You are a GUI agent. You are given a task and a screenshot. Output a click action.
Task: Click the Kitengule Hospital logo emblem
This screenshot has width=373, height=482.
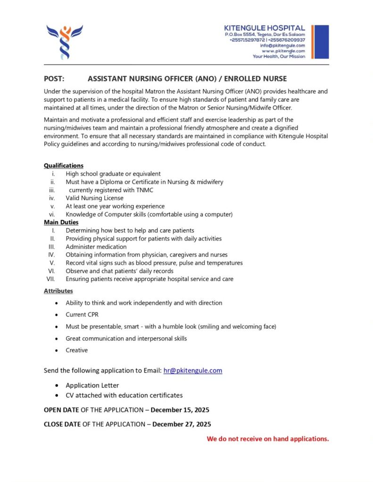(65, 41)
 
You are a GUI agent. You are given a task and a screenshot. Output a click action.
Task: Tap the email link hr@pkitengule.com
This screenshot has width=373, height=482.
(192, 370)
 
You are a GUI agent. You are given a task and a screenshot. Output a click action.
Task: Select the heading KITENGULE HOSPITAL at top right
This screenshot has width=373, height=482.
(265, 28)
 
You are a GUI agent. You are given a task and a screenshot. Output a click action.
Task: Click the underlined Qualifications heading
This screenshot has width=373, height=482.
(64, 166)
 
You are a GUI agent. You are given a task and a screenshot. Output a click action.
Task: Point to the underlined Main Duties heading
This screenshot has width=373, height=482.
(61, 222)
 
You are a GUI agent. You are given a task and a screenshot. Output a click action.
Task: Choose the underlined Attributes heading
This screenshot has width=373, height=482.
(58, 291)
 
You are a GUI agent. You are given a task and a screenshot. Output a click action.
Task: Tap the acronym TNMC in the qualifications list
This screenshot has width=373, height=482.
(144, 190)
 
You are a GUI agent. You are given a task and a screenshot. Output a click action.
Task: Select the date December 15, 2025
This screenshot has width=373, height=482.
(180, 410)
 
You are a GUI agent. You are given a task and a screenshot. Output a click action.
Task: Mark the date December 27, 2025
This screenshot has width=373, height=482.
(182, 424)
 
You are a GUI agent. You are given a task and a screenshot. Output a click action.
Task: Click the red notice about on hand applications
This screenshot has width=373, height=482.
(268, 439)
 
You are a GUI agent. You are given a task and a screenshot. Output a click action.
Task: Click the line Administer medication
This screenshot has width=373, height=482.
(96, 247)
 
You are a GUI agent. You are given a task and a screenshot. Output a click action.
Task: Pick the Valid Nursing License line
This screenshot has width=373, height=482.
(95, 198)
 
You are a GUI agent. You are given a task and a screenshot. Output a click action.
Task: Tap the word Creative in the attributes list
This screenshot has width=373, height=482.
(77, 350)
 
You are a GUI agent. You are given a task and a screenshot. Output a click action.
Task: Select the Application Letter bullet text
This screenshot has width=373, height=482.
(92, 385)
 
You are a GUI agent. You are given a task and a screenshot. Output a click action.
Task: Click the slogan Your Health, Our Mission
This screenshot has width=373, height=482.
(279, 56)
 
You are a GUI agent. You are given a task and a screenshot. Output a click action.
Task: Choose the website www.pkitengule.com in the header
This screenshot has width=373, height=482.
(283, 51)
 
